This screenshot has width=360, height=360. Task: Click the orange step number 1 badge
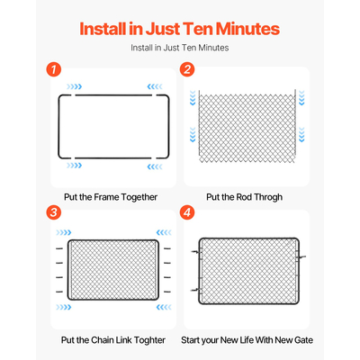click(54, 69)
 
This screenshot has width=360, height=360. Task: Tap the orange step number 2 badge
click(187, 69)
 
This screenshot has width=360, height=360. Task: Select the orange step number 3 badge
click(54, 212)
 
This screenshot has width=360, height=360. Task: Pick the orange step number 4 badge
click(187, 212)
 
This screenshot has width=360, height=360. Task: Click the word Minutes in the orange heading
click(247, 29)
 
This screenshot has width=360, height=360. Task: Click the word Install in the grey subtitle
click(141, 48)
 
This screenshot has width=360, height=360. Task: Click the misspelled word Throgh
click(268, 197)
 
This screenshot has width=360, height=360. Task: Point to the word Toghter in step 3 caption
click(149, 340)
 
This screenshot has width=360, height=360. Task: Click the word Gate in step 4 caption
click(303, 340)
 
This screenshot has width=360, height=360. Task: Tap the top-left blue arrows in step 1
click(74, 86)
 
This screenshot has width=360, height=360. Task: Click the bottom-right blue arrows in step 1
click(155, 166)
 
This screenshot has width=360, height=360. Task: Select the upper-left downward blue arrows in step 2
click(193, 98)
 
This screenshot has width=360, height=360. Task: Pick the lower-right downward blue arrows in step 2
click(301, 134)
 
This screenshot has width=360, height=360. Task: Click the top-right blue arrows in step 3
click(164, 232)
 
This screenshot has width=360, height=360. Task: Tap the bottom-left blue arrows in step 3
click(64, 307)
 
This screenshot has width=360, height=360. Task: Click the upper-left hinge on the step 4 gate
click(196, 252)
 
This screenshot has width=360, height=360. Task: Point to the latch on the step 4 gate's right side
click(301, 257)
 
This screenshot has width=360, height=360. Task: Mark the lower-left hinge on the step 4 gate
click(196, 290)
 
